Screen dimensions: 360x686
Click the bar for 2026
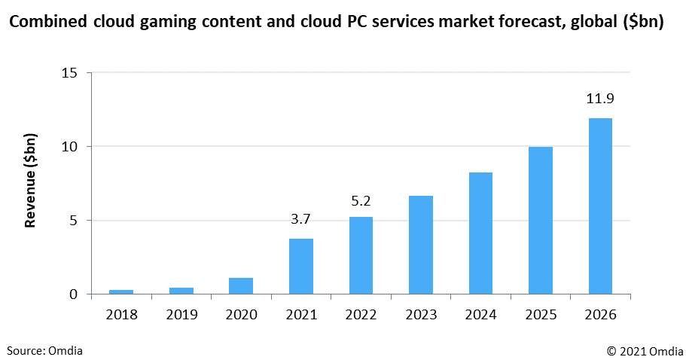(x=600, y=206)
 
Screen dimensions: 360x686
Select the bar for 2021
(x=301, y=266)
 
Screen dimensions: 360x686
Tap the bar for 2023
(x=421, y=245)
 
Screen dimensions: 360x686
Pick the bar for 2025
(x=541, y=220)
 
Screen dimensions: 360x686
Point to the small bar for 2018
(x=121, y=291)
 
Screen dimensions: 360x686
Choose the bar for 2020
(x=241, y=285)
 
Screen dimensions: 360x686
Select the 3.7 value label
(x=301, y=219)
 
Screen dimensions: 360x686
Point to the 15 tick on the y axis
(x=69, y=72)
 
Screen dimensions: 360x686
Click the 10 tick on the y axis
(x=69, y=146)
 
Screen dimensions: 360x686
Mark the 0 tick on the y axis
(x=73, y=294)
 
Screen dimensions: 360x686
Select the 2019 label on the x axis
(x=181, y=315)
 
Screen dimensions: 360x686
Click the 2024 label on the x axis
(x=480, y=315)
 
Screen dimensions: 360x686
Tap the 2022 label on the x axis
(x=361, y=315)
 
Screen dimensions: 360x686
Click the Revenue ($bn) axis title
(x=31, y=184)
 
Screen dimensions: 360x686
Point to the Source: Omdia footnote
(x=45, y=350)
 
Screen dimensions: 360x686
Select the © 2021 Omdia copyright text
(x=641, y=350)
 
